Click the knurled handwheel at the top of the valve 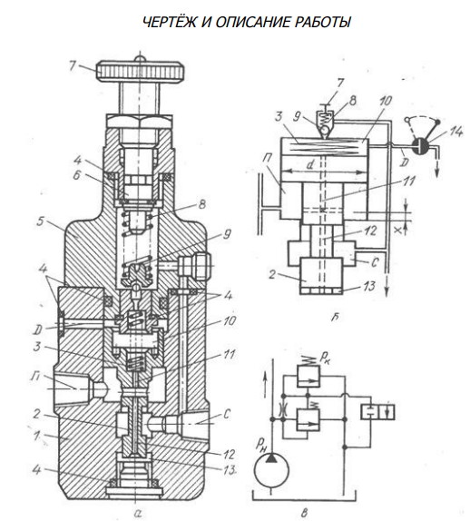pos(141,72)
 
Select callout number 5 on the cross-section pos(40,221)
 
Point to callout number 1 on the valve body pos(37,436)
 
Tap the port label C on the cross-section pos(227,414)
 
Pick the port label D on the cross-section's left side pos(38,330)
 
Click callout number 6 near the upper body pos(77,175)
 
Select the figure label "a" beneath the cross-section pos(138,514)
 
